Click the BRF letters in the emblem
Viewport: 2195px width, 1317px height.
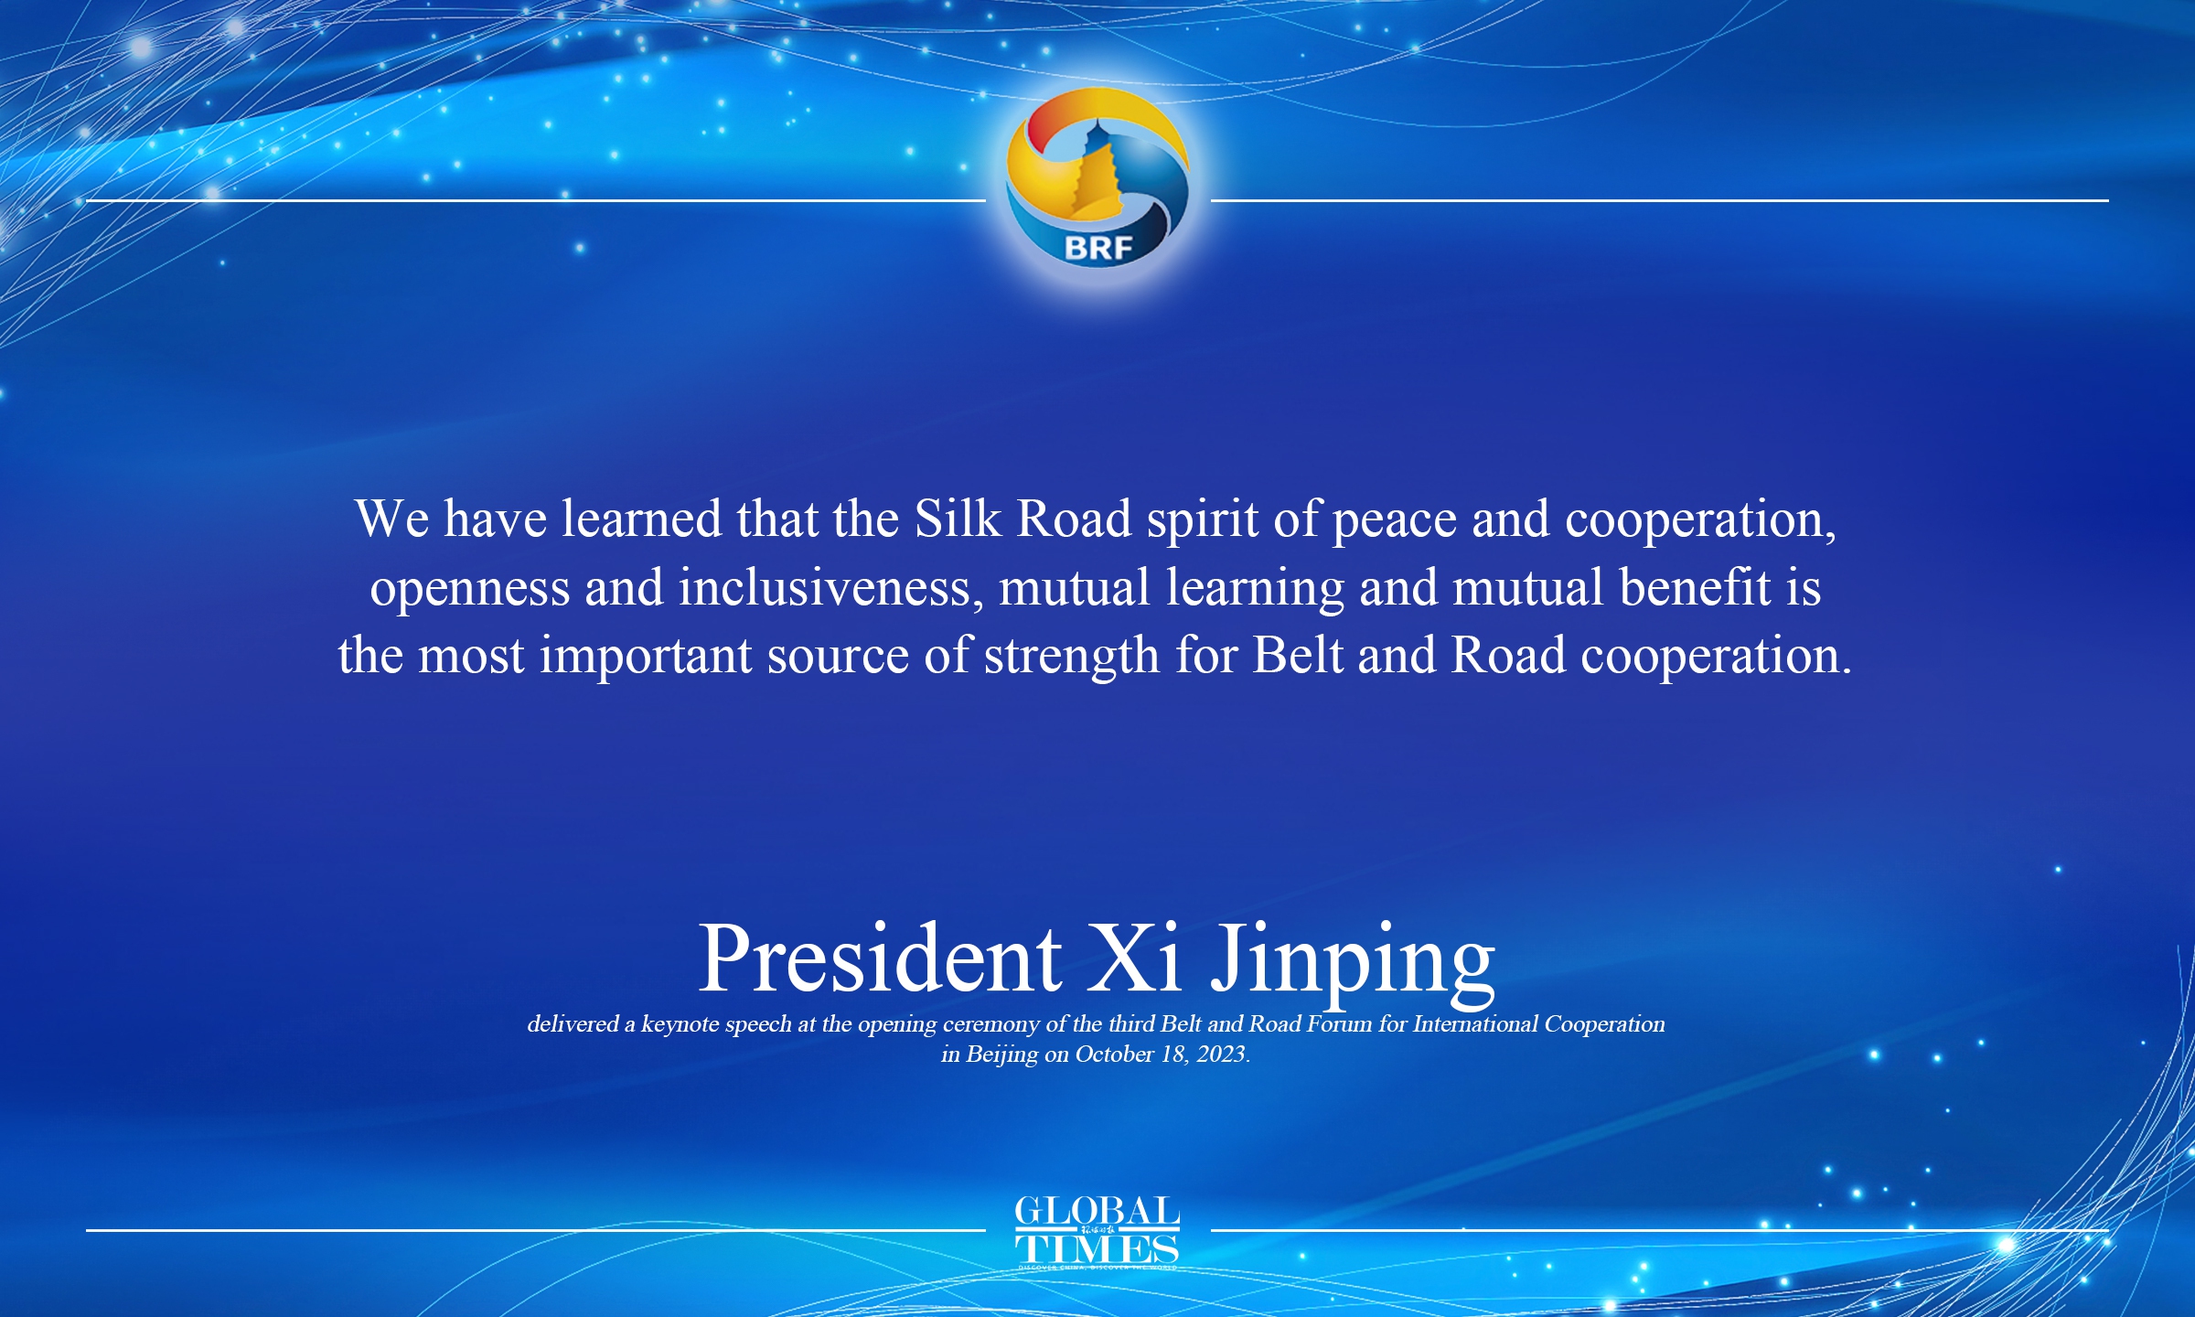tap(1097, 247)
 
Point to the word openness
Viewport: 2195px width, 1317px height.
tap(469, 588)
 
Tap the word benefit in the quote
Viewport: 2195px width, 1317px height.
tap(1695, 587)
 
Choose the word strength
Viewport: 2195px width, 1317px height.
tap(1072, 657)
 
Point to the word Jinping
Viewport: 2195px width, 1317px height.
tap(1354, 960)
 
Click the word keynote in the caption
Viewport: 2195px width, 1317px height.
tap(680, 1024)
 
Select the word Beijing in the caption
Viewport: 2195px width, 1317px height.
tap(1002, 1055)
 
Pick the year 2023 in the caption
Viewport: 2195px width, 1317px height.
tap(1221, 1055)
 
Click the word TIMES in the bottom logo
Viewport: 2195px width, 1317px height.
tap(1097, 1248)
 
